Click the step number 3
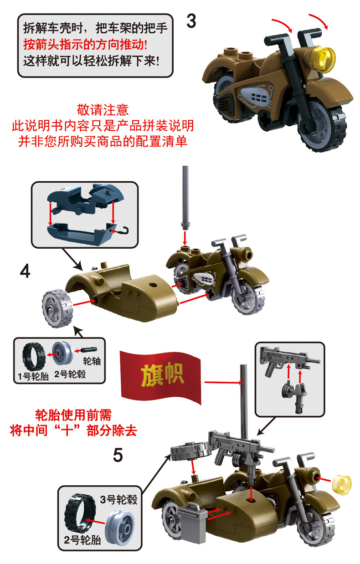click(x=191, y=21)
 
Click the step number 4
click(x=26, y=272)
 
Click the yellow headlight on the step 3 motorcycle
click(x=325, y=56)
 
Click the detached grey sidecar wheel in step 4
click(x=57, y=308)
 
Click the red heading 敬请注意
click(x=103, y=110)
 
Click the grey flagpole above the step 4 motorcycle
click(x=185, y=196)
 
